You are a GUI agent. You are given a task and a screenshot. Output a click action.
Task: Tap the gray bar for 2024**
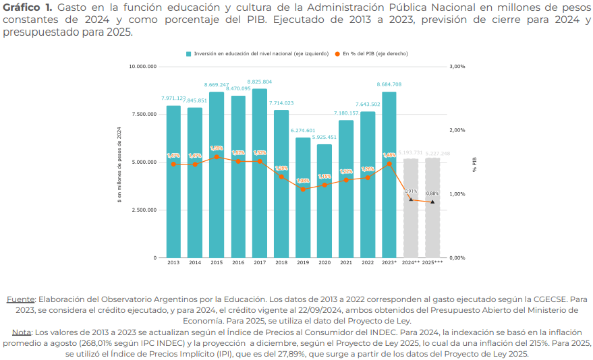pyautogui.click(x=411, y=208)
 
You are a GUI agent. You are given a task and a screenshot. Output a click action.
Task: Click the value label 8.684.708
pyautogui.click(x=389, y=84)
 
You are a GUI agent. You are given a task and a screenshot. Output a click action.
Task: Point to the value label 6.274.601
pyautogui.click(x=303, y=130)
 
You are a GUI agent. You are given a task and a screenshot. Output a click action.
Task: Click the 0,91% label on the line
pyautogui.click(x=411, y=191)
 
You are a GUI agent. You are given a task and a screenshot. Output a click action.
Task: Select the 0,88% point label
pyautogui.click(x=432, y=194)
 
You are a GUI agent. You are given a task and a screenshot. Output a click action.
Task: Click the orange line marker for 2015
pyautogui.click(x=217, y=157)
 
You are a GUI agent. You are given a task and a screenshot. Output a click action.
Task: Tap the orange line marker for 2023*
pyautogui.click(x=389, y=163)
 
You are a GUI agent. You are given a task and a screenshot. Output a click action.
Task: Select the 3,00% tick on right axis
pyautogui.click(x=457, y=67)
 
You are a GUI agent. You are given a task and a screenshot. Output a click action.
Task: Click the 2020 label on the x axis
pyautogui.click(x=324, y=262)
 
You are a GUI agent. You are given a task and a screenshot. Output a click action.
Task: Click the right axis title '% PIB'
pyautogui.click(x=474, y=164)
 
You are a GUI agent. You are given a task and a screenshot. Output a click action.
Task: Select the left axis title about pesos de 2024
pyautogui.click(x=119, y=164)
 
